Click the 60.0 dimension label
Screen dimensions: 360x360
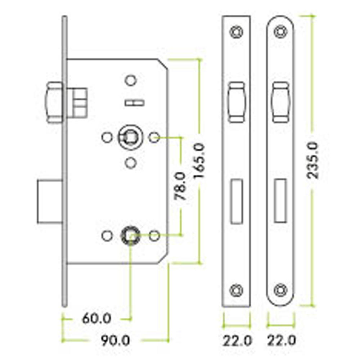coord(96,319)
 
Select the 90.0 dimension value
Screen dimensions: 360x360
coord(116,341)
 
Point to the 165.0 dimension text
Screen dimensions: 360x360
coord(199,161)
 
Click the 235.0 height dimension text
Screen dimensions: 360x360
coord(313,160)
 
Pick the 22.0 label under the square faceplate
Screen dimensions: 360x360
coord(237,341)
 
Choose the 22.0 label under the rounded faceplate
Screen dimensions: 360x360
coord(282,341)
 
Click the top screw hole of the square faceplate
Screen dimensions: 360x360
coord(237,32)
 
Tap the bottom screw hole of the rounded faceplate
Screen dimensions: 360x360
coord(280,290)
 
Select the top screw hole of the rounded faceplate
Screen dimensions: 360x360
coord(280,32)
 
